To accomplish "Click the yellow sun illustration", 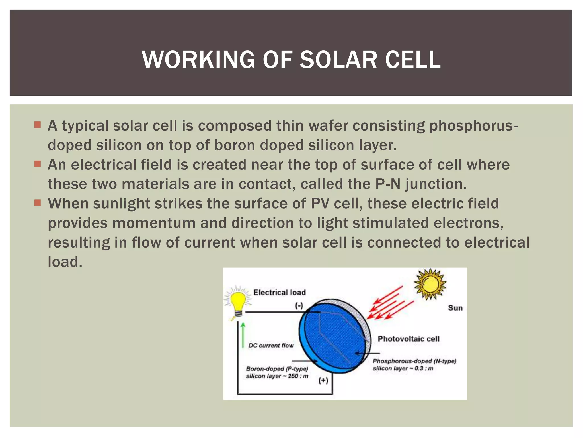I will click(x=430, y=284).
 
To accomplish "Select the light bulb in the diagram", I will click(x=238, y=303).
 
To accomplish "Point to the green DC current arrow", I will click(x=243, y=335).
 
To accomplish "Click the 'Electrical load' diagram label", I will click(x=279, y=292).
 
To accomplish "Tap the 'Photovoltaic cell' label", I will click(x=408, y=339).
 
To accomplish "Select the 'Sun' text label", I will click(x=455, y=308).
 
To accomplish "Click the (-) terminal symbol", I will click(x=299, y=306).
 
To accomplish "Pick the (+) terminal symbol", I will click(x=323, y=380).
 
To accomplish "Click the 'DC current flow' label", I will click(x=271, y=346).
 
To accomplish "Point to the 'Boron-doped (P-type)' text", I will click(x=277, y=369).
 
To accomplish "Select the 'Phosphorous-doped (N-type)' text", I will click(x=414, y=361).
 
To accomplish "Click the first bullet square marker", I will click(x=38, y=125).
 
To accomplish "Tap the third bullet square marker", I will click(x=38, y=203).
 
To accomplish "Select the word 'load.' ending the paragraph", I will click(x=65, y=262).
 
